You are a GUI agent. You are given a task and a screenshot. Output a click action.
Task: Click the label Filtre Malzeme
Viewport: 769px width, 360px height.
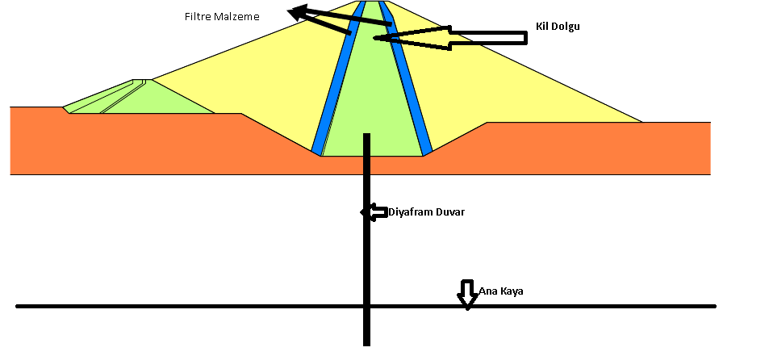coord(222,16)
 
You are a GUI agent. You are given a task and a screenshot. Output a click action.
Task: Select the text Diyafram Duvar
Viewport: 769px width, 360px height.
coord(427,212)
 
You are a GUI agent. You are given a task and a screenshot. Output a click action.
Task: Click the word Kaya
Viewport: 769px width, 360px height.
coord(511,291)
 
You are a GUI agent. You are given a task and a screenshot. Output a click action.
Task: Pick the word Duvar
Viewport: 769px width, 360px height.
coord(449,212)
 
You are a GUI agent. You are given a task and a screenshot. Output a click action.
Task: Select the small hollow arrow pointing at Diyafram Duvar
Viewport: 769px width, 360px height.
coord(374,212)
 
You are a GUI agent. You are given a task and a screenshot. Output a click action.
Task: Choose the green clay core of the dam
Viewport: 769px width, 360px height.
coord(372,105)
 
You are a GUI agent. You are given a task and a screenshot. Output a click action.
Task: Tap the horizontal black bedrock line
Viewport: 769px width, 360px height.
coord(202,306)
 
